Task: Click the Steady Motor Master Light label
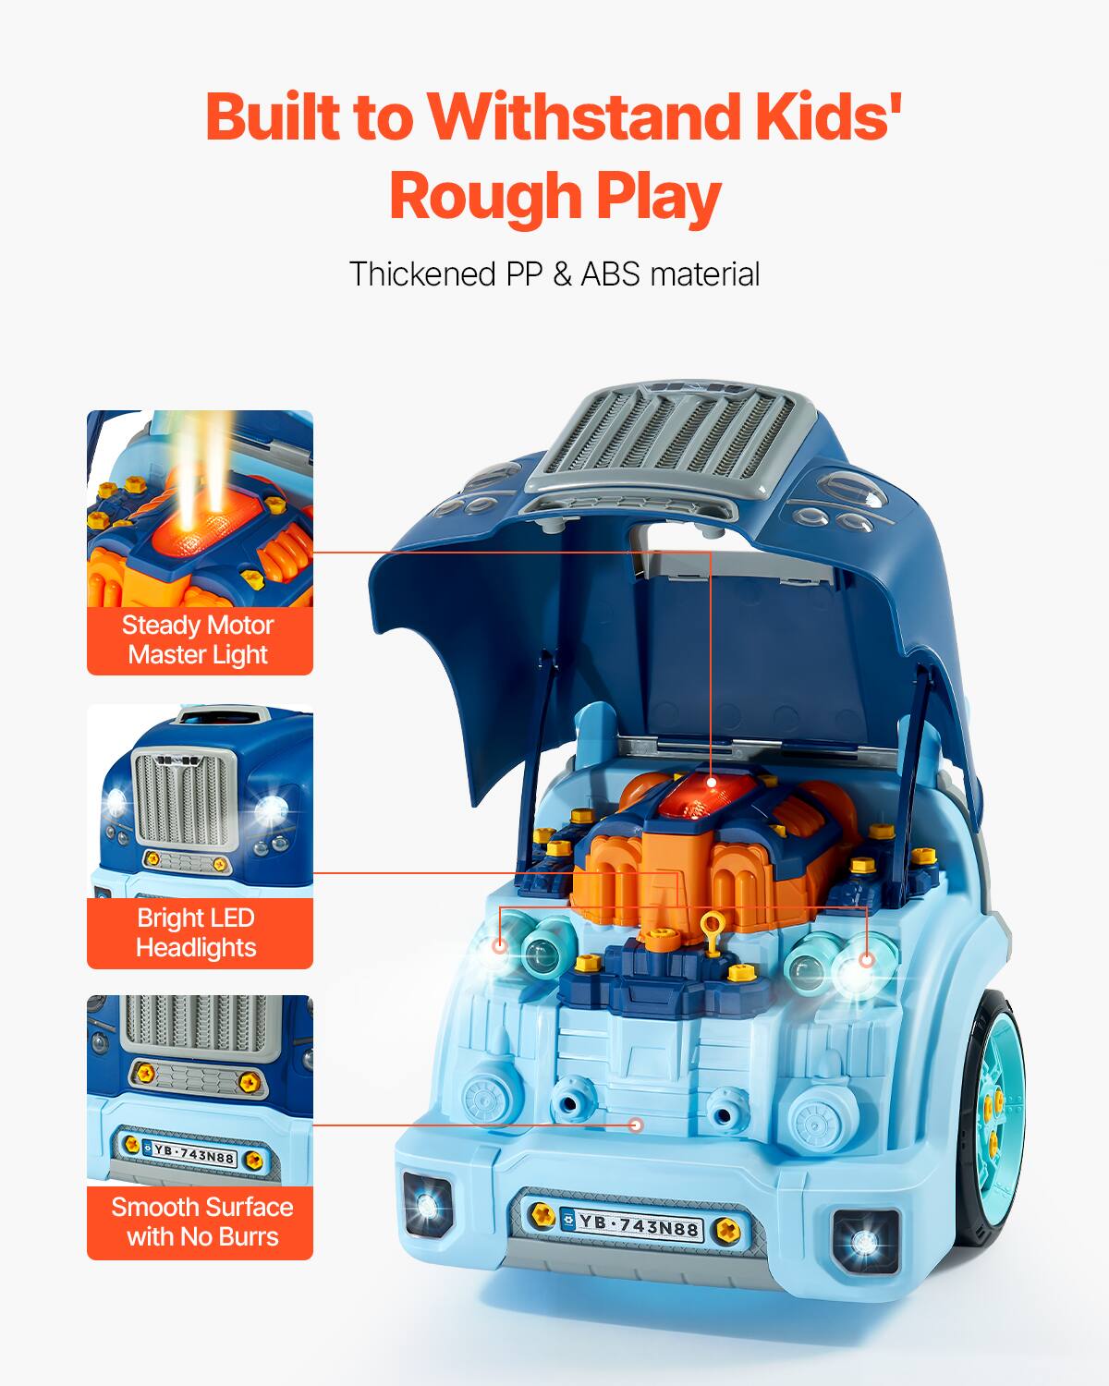[200, 639]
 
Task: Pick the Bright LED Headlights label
[196, 932]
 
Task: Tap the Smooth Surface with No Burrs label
[201, 1222]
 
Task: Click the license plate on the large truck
[637, 1225]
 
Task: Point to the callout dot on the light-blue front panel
[635, 1125]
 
